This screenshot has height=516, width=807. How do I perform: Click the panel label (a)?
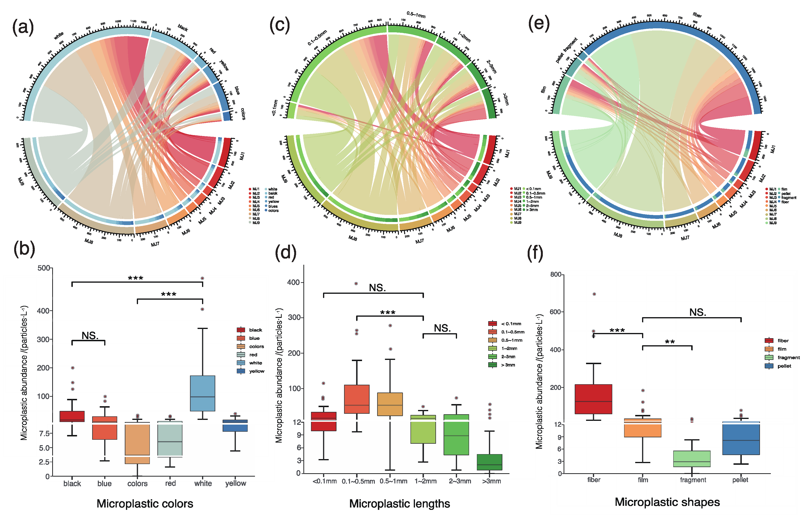coord(23,27)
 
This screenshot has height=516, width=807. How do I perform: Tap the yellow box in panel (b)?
coord(235,426)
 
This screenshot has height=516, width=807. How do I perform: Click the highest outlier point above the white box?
coord(202,278)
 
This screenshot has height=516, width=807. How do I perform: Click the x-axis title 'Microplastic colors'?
coord(145,504)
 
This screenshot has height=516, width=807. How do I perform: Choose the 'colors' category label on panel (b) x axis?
coord(138,483)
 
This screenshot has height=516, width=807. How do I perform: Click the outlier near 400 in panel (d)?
coord(356,283)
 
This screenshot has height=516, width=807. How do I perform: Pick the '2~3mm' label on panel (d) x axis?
coord(460,481)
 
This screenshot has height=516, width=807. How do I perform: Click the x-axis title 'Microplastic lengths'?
coord(400,504)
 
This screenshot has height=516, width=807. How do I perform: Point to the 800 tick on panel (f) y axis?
coord(556,274)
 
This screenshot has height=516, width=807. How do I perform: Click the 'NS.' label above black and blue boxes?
coord(90,335)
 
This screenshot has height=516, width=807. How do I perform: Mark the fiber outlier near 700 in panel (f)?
coord(594,294)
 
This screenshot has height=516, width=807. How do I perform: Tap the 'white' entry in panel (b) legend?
coord(255,363)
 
